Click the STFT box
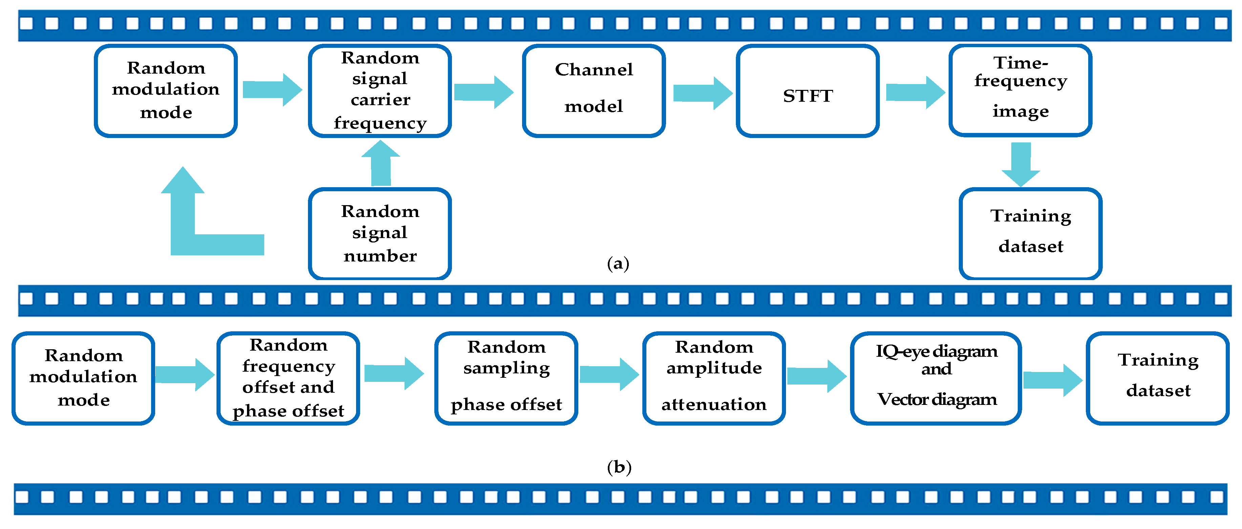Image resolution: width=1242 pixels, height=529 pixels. coord(808,91)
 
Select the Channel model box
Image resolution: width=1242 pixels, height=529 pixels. coord(594,91)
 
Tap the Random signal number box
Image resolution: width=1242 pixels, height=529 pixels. coord(380,234)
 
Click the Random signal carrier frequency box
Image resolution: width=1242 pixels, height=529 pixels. coord(380,91)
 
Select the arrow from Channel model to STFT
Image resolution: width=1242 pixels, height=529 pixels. coord(702,93)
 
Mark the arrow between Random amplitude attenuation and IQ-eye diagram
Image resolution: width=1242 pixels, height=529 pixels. coord(816,376)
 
